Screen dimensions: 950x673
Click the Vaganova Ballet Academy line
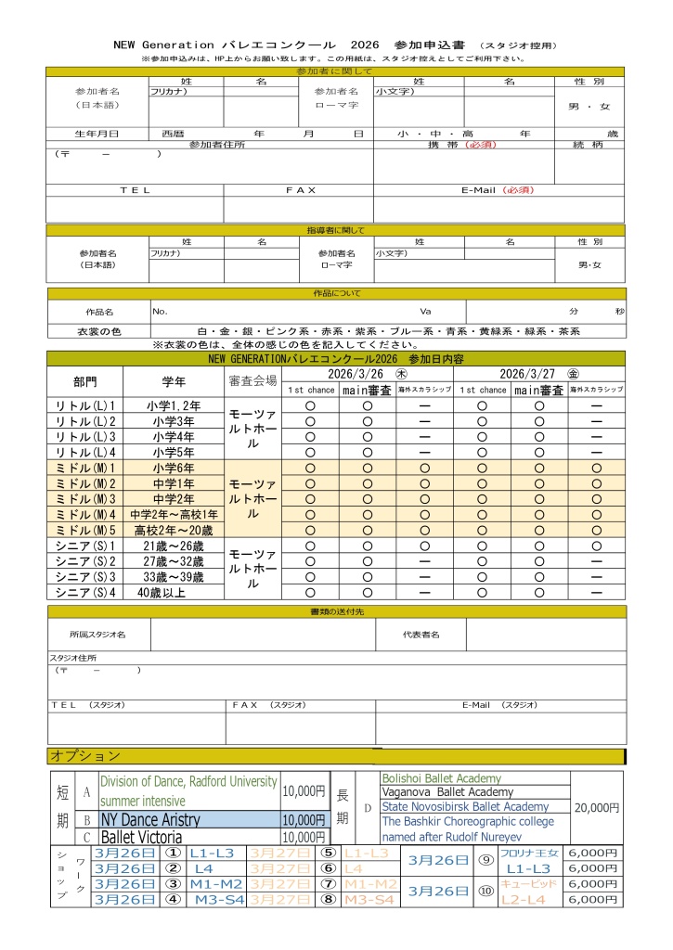click(447, 792)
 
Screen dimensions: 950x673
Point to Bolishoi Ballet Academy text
click(441, 778)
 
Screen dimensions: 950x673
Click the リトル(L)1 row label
click(84, 405)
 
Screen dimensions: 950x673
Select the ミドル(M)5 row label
click(84, 530)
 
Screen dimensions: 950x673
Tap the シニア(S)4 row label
click(84, 592)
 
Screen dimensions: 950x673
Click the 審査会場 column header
click(252, 381)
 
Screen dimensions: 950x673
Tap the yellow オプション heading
click(85, 756)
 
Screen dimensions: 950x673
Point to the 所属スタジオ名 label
click(97, 635)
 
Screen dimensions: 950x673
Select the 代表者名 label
click(421, 635)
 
